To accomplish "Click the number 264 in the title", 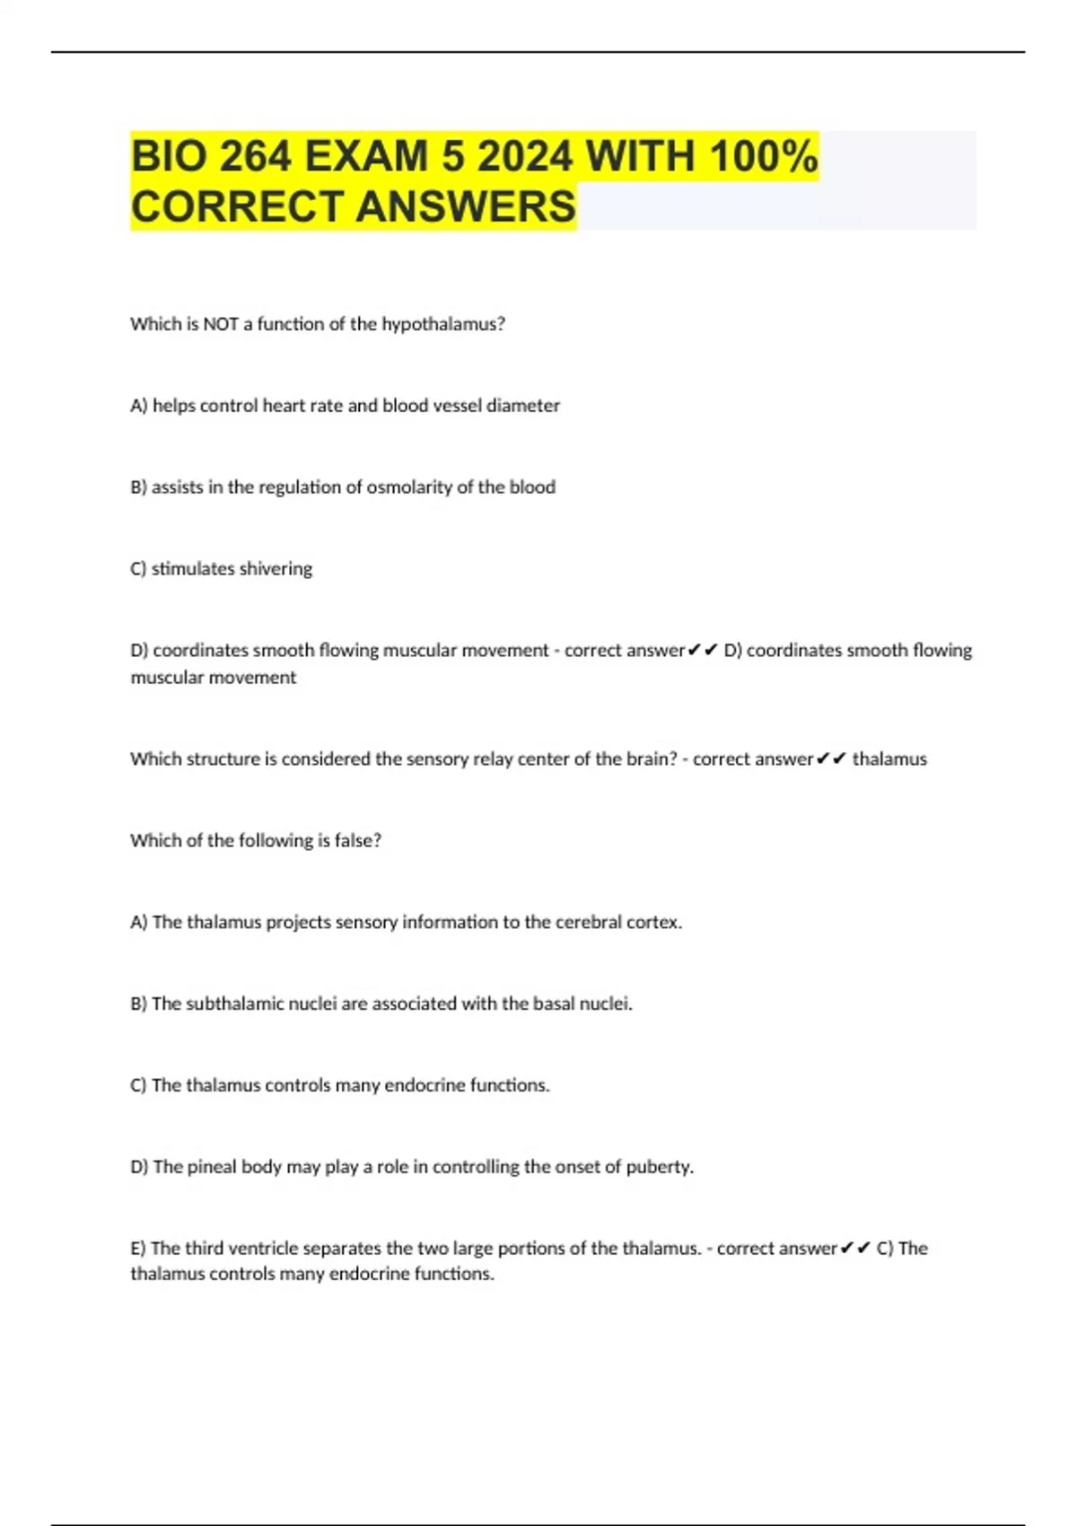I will tap(255, 157).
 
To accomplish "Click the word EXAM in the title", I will tap(366, 157).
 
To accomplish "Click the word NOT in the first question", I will tap(220, 324).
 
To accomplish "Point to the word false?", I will tap(357, 841).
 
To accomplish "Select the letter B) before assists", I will tap(138, 487).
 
